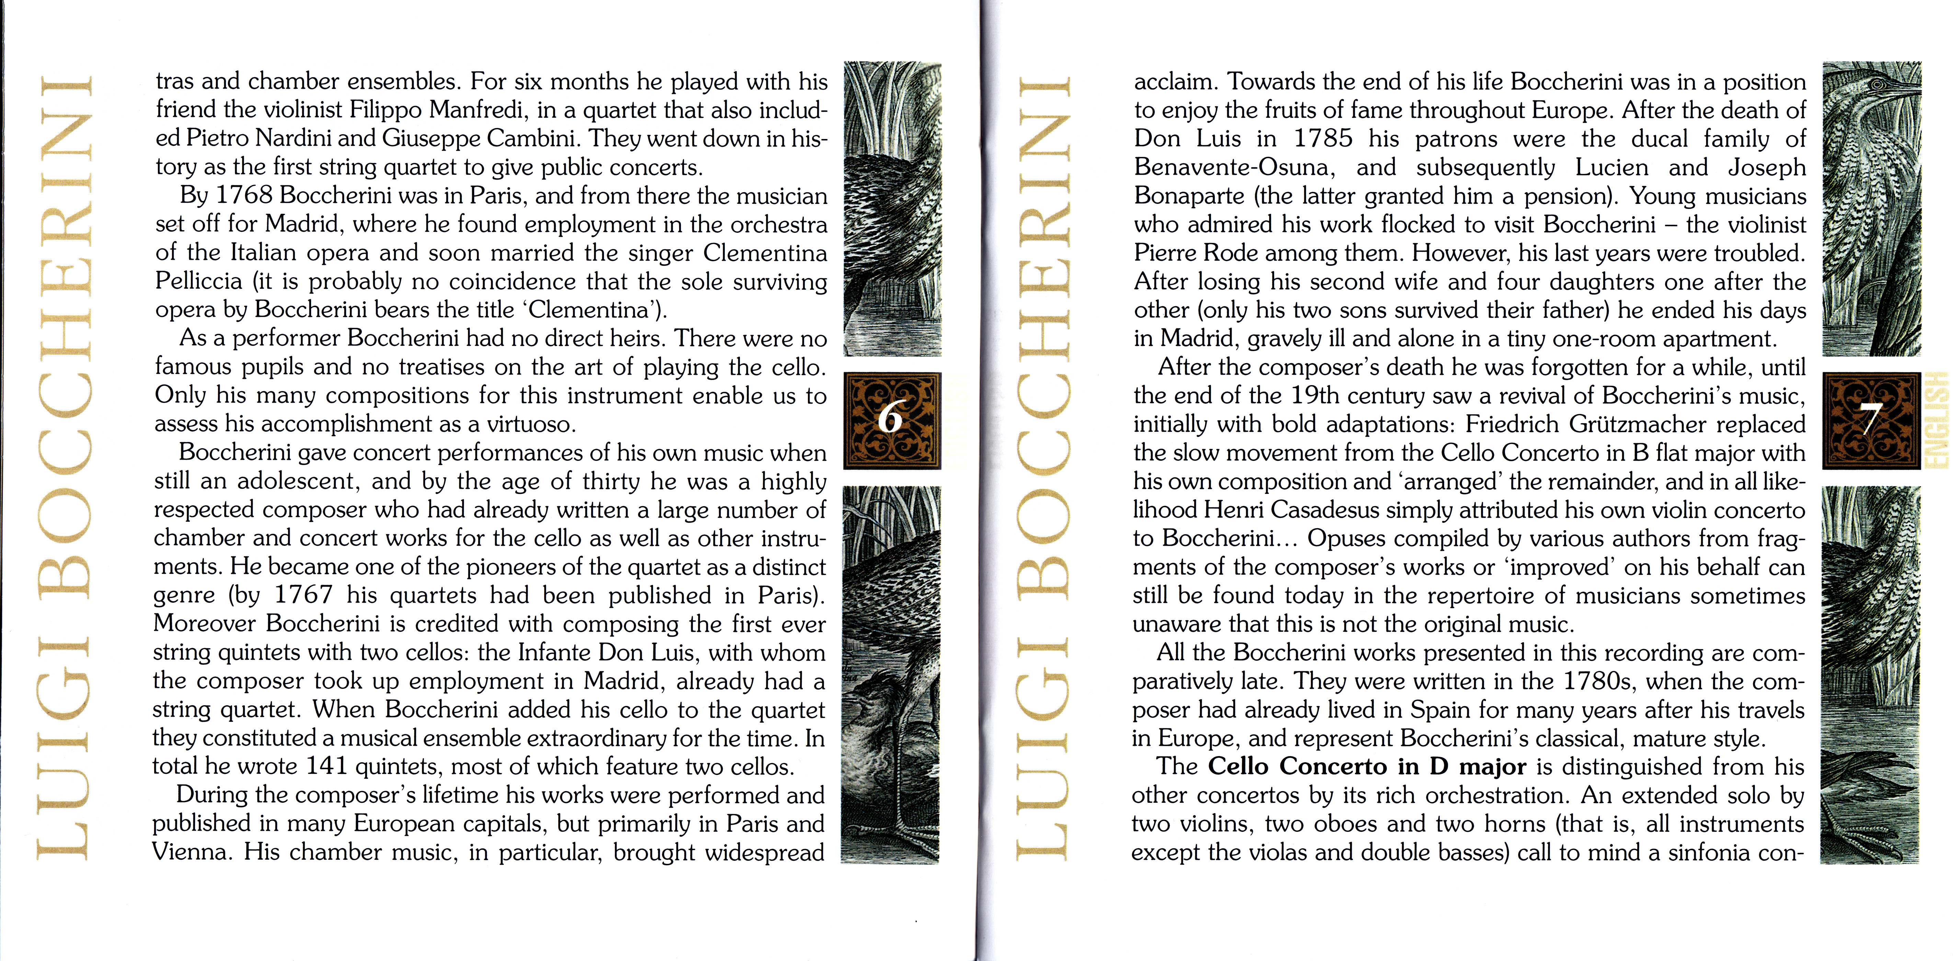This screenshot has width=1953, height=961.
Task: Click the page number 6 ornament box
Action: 892,421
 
